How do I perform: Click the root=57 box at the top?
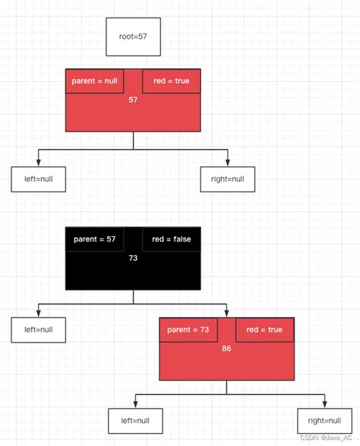[x=133, y=36]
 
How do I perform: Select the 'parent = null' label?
[x=94, y=81]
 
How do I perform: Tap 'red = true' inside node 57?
[x=171, y=81]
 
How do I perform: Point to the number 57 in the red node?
[x=133, y=100]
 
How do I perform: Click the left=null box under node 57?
[x=38, y=179]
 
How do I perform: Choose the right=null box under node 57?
[x=227, y=179]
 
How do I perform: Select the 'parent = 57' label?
[x=94, y=239]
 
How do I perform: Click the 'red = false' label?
[x=171, y=239]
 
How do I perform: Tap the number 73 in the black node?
[x=133, y=258]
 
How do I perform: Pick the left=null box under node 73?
[x=38, y=330]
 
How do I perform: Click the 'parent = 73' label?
[x=188, y=330]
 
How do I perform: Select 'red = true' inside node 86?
[x=264, y=330]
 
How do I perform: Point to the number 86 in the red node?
[x=226, y=349]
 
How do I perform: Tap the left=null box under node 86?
[x=135, y=420]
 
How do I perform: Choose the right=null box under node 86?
[x=324, y=420]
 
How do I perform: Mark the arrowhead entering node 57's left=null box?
[x=38, y=163]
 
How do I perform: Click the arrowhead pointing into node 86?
[x=227, y=314]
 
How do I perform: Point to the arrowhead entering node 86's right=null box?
[x=324, y=404]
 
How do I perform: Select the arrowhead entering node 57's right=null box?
[x=227, y=163]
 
